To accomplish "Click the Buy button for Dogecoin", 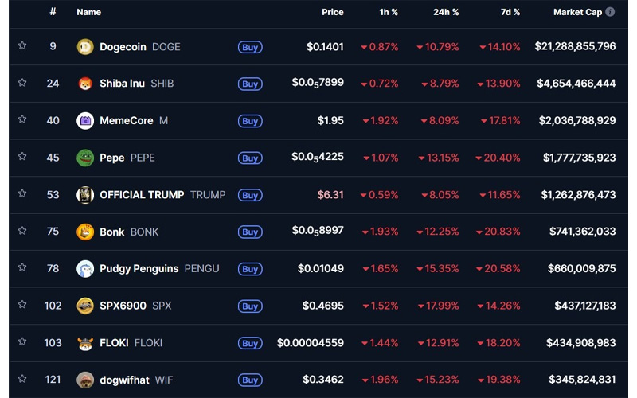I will (x=250, y=47).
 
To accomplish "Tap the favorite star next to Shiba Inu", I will (x=22, y=83).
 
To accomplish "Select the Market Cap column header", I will (x=577, y=12).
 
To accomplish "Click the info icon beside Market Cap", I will (x=610, y=12).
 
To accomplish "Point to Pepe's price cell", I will (x=318, y=157).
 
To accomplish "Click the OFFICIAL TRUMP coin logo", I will (x=85, y=195).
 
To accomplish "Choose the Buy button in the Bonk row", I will (x=250, y=232).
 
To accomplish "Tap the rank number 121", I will (x=53, y=380).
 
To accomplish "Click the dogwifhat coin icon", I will (x=85, y=380).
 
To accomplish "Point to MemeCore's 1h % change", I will (x=380, y=120).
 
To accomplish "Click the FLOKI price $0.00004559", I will (x=311, y=343).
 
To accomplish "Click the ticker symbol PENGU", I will (x=201, y=268).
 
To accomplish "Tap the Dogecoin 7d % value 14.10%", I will (x=500, y=47).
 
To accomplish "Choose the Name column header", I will (x=88, y=12).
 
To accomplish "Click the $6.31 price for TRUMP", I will (x=330, y=194).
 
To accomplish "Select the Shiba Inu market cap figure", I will (x=576, y=83).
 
